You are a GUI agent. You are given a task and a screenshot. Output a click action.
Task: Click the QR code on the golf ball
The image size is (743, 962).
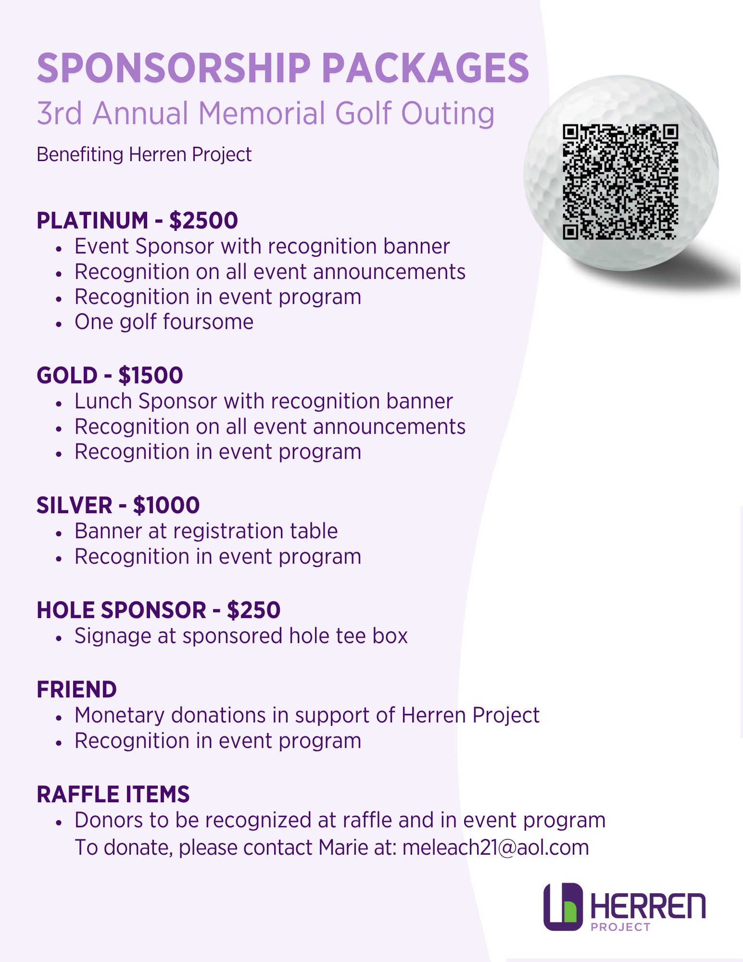click(620, 182)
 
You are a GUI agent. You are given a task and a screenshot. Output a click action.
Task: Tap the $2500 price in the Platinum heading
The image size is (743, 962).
click(203, 221)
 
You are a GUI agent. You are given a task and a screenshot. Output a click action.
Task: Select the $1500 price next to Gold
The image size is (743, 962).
click(151, 376)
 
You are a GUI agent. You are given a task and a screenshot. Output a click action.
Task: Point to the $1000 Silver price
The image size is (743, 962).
click(166, 506)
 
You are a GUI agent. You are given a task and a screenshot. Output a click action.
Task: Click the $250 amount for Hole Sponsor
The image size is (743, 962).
click(253, 610)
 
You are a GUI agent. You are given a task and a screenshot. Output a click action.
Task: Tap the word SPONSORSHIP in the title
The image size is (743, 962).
click(174, 68)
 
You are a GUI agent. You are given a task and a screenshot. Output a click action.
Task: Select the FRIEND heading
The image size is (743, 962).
click(76, 690)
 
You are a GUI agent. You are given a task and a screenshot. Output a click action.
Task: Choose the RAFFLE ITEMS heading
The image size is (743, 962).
click(113, 795)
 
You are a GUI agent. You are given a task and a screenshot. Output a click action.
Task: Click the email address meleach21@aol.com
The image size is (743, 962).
click(495, 848)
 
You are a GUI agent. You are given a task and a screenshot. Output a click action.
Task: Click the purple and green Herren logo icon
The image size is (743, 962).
click(563, 907)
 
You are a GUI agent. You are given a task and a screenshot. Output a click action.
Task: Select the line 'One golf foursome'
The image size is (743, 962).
click(164, 322)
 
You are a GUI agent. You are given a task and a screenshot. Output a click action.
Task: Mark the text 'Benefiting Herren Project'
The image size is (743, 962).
click(144, 155)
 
